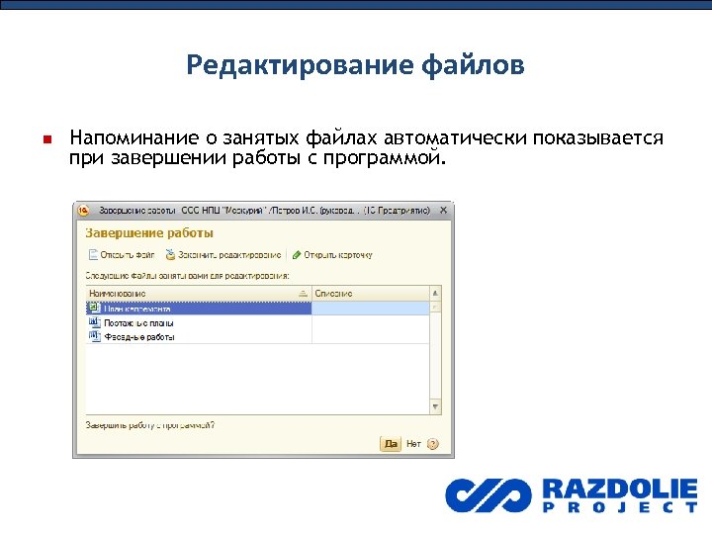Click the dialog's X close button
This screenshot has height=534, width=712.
(x=444, y=211)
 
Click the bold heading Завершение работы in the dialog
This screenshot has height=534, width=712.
(x=149, y=233)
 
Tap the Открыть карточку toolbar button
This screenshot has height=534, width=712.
(x=332, y=255)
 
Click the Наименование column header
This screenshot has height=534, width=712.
(x=118, y=294)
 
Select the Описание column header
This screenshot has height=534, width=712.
(x=334, y=294)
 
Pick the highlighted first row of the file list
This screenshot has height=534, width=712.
(x=198, y=308)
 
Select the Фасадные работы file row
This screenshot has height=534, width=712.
(x=138, y=336)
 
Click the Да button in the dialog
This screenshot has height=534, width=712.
(x=390, y=444)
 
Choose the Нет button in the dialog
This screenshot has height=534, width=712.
(x=413, y=444)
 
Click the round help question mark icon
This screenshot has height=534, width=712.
(x=432, y=444)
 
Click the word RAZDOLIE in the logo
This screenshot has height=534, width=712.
(x=619, y=489)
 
